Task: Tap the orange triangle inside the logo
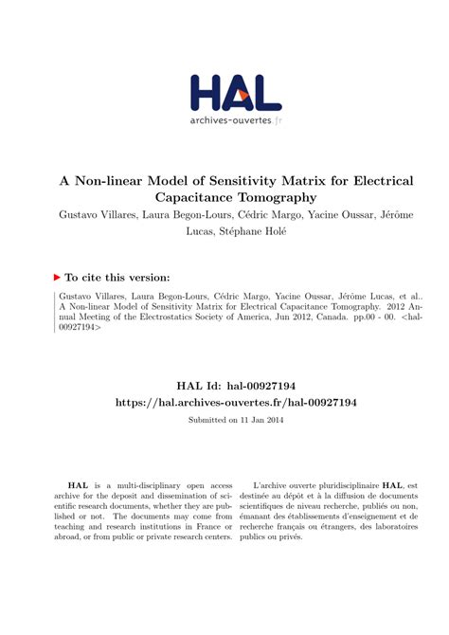[243, 95]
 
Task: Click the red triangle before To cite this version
[56, 277]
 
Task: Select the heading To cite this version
[117, 277]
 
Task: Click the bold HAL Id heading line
[224, 386]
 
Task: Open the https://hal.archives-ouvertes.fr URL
[224, 403]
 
